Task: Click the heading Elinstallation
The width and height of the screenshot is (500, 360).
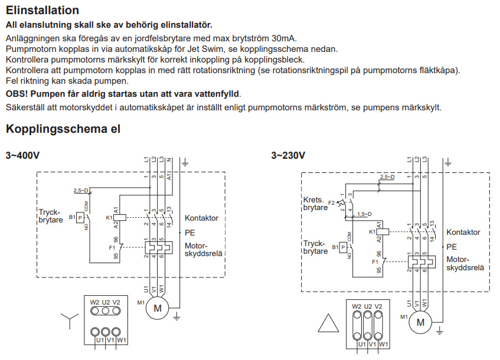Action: click(x=42, y=10)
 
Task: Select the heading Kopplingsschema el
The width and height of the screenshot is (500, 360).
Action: click(x=63, y=129)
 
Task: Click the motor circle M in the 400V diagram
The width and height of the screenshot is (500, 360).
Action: click(x=158, y=307)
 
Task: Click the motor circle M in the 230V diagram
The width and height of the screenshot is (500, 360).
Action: click(x=420, y=322)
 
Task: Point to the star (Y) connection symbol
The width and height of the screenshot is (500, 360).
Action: click(x=70, y=322)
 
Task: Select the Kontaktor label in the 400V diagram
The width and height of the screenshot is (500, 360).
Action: click(x=201, y=218)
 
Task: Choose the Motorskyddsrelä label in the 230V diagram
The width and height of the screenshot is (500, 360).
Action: click(x=465, y=263)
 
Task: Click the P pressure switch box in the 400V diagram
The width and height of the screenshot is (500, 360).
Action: click(x=80, y=218)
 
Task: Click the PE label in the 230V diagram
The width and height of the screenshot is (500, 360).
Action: click(x=452, y=247)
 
